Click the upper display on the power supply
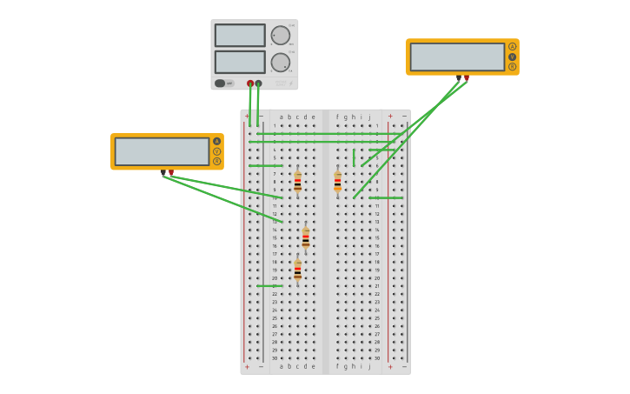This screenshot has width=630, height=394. (240, 36)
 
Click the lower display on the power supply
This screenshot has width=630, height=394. (240, 63)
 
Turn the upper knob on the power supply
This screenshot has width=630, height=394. (280, 36)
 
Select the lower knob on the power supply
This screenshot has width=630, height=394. (280, 63)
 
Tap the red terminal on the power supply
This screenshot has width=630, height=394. (250, 83)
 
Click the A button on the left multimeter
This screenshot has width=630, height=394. (216, 141)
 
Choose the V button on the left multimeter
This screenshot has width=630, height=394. (216, 151)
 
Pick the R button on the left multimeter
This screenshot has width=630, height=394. (216, 161)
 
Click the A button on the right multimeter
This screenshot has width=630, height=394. (512, 47)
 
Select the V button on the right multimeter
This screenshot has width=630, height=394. (512, 57)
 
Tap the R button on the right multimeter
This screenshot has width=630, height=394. (512, 66)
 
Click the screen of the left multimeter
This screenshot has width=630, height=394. (162, 151)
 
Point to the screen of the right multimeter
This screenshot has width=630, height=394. (457, 57)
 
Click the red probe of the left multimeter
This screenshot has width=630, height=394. (171, 172)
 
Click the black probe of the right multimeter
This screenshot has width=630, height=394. (458, 78)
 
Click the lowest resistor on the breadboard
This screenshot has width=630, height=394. (297, 270)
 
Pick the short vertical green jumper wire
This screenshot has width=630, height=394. (354, 157)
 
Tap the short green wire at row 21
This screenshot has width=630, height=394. (269, 285)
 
